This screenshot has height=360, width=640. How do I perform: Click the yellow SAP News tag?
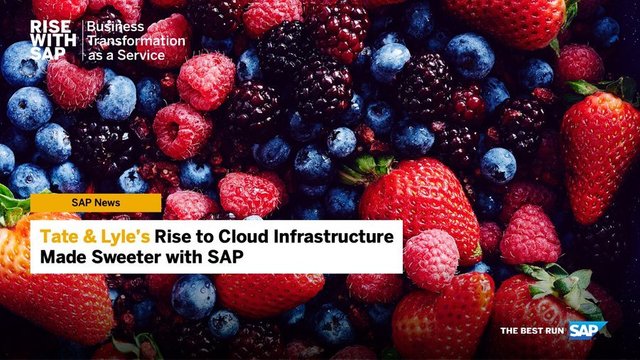pyautogui.click(x=95, y=202)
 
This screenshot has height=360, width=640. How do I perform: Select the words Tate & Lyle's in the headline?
pyautogui.click(x=95, y=236)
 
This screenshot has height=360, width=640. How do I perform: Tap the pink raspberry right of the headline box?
pyautogui.click(x=431, y=259)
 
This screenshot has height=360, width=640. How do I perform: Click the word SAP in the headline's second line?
pyautogui.click(x=227, y=257)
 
